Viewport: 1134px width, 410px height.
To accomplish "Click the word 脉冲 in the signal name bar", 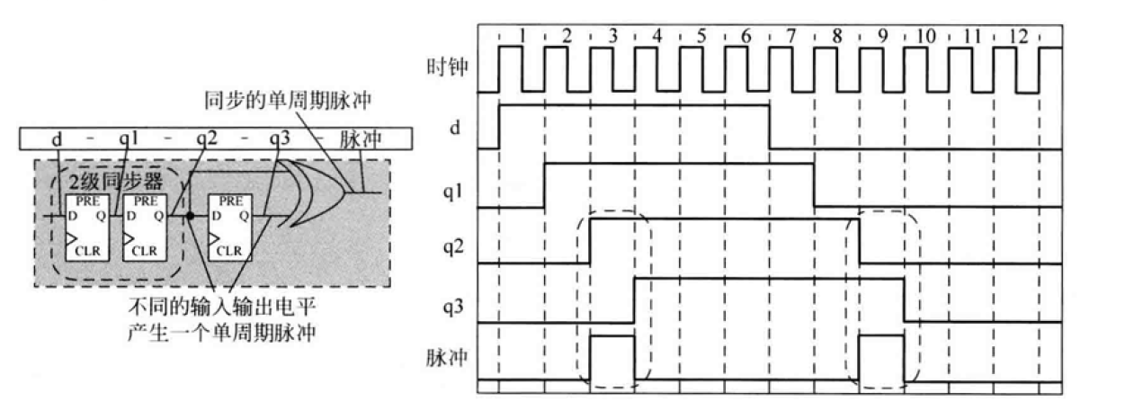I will pyautogui.click(x=361, y=140).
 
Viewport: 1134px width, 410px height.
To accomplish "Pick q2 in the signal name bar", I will pyautogui.click(x=206, y=140).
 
